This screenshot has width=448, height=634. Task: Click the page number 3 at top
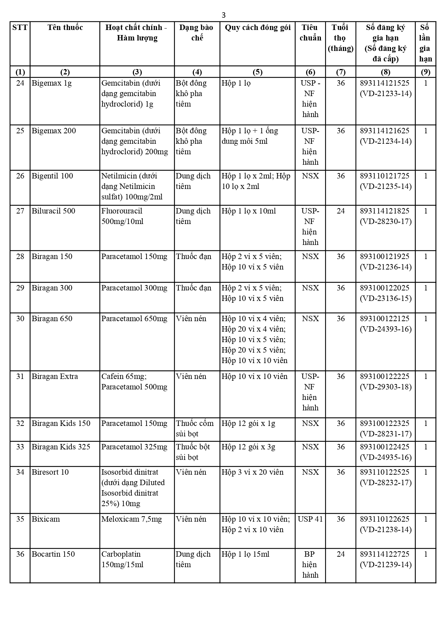pos(223,15)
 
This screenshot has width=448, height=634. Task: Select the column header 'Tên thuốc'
pos(65,28)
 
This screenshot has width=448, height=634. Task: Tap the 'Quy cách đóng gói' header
pos(257,28)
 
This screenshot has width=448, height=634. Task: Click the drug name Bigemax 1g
pos(52,83)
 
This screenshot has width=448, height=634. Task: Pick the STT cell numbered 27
pos(20,211)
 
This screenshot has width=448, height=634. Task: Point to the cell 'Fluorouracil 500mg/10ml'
pos(122,216)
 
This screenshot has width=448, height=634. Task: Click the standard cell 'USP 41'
pos(310,519)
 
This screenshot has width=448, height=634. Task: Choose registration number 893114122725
pos(385,554)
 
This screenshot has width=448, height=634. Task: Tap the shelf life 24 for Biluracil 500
pos(340,211)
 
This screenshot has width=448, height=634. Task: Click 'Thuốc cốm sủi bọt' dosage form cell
pos(195,428)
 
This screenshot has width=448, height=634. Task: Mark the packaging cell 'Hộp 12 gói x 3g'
pos(248,447)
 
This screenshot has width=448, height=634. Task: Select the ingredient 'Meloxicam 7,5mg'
pos(131,519)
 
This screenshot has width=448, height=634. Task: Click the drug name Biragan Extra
pos(55,376)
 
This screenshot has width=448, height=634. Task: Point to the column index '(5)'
pos(257,72)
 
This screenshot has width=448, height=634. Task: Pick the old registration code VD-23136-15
pos(386,298)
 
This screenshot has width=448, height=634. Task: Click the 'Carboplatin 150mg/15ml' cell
pos(122,559)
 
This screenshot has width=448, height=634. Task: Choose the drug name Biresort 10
pos(50,472)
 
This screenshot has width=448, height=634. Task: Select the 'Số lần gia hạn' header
pos(425,43)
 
